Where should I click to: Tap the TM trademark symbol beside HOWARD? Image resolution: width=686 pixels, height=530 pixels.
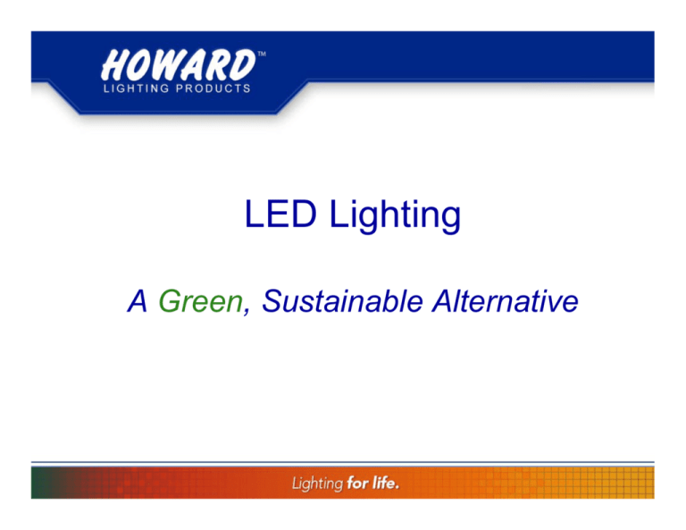coord(262,55)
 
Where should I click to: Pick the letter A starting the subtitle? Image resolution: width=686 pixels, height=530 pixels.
coord(138,304)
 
